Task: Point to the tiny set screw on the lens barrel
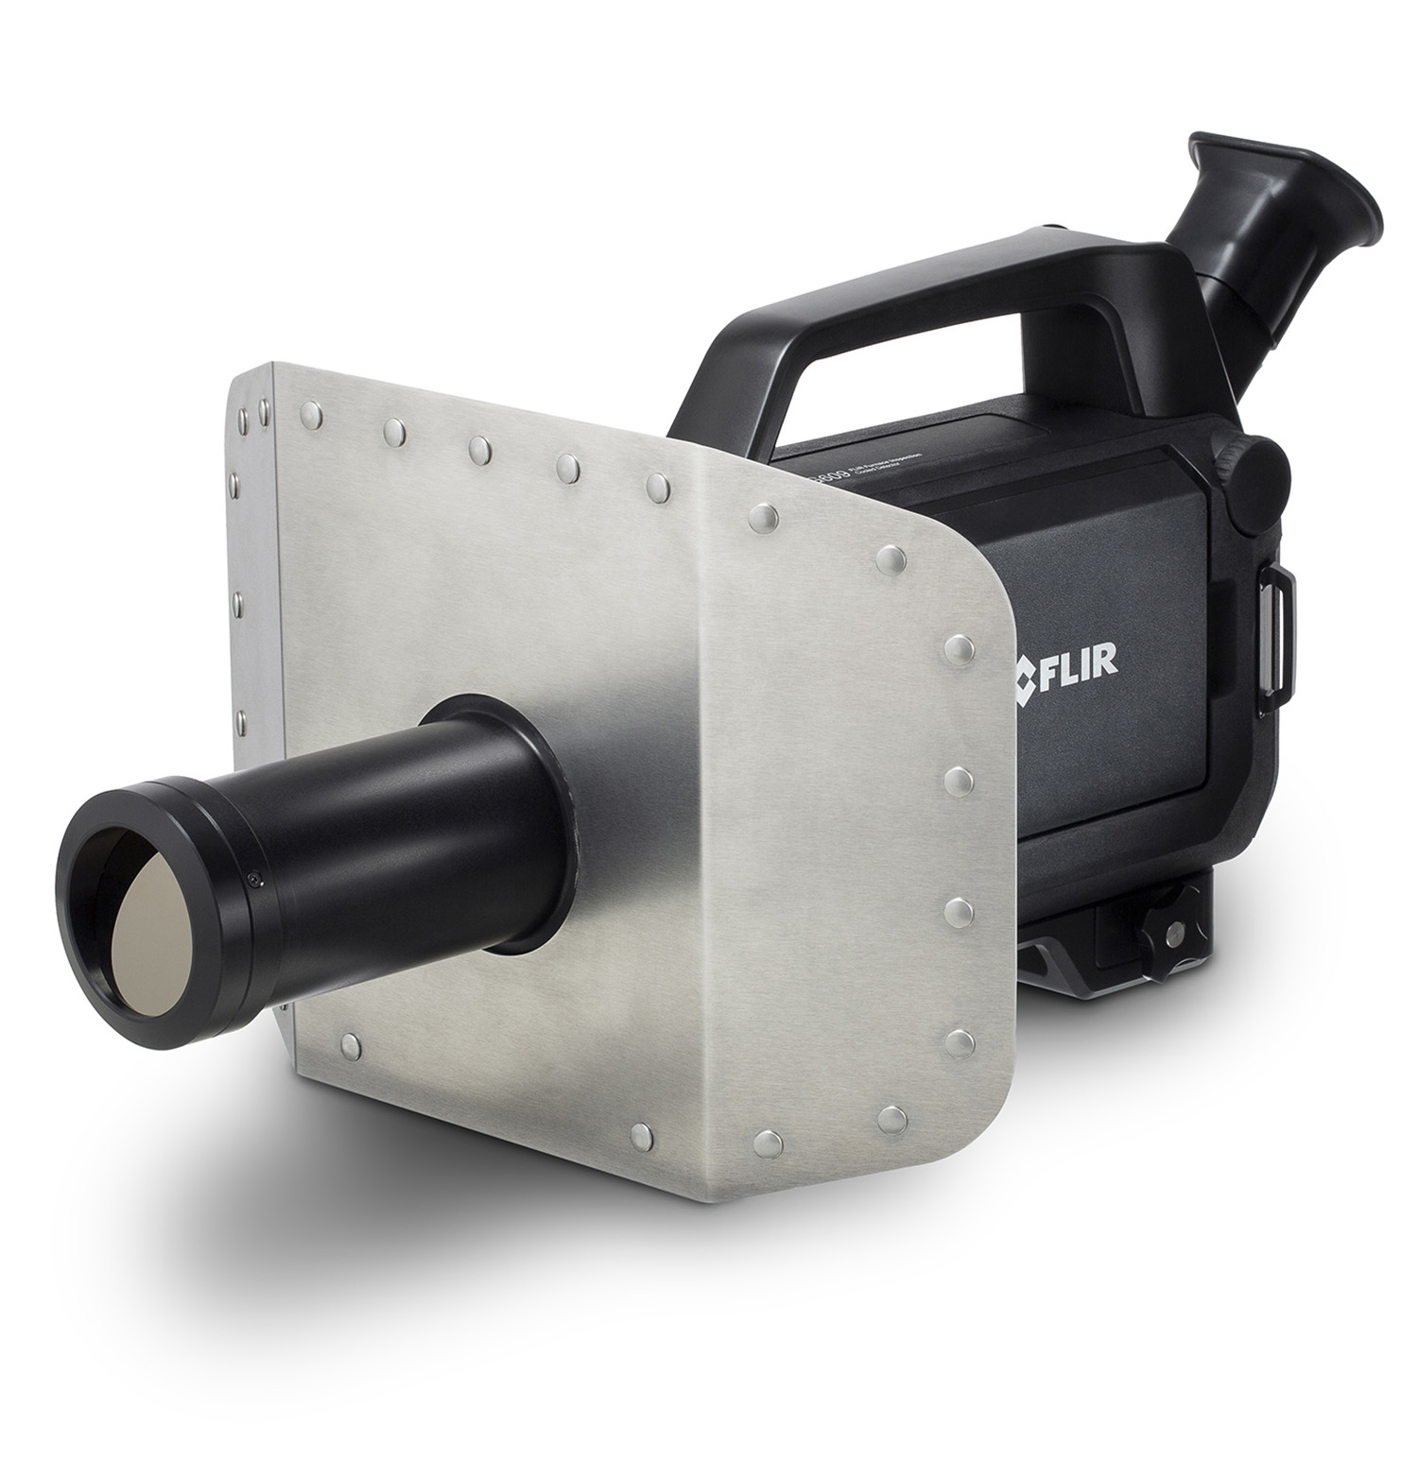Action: click(254, 881)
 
